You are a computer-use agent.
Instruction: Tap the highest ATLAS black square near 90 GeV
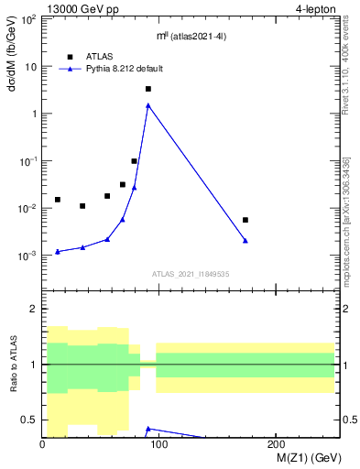148,89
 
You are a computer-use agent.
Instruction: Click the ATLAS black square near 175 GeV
245,220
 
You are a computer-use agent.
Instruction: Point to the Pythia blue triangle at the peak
148,105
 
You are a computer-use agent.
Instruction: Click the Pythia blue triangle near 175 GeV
245,240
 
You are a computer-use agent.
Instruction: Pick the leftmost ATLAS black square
58,199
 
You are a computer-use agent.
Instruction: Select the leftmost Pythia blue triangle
58,251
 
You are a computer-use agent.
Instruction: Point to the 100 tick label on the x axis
159,445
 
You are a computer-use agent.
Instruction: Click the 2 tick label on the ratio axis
34,310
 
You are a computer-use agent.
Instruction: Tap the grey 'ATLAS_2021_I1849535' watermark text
191,274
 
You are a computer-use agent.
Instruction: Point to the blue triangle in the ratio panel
148,428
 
